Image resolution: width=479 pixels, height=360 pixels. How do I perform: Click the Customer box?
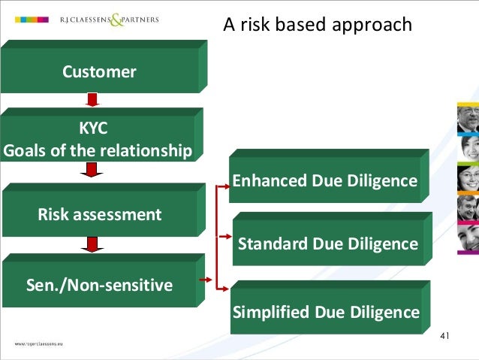[99, 72]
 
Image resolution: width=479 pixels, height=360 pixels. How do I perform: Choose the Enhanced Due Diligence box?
[324, 181]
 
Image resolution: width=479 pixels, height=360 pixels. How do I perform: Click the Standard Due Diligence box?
[327, 244]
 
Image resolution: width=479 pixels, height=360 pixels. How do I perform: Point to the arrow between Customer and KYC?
[92, 100]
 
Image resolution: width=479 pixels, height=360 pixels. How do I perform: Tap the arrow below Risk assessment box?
[92, 244]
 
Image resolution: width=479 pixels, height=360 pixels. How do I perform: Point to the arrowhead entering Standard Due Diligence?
[225, 236]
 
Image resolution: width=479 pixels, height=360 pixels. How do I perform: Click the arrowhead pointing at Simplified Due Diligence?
[224, 289]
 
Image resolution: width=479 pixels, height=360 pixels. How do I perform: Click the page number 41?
[444, 335]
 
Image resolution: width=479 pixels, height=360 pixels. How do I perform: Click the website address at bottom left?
[37, 343]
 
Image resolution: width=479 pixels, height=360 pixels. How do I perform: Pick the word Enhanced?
[270, 181]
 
